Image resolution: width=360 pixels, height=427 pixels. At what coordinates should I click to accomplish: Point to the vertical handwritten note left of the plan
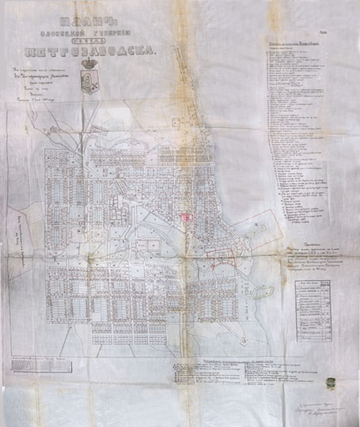click(x=9, y=229)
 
